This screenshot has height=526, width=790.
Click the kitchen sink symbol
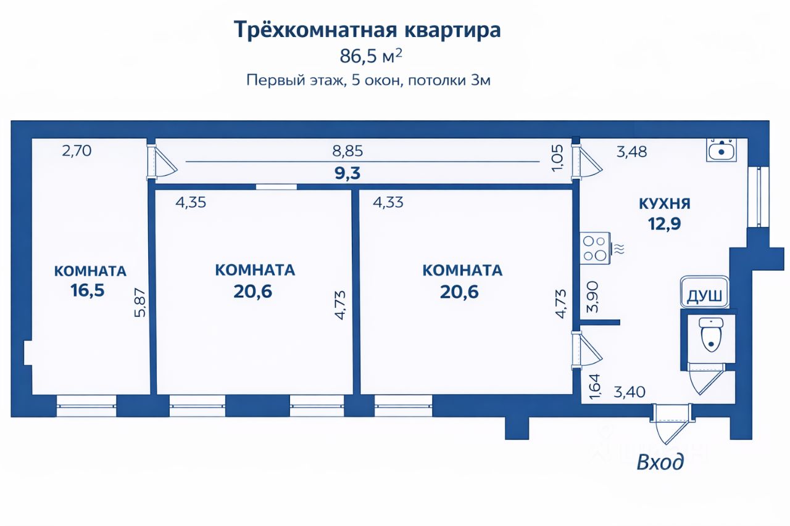[x=721, y=149]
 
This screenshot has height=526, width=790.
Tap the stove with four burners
[x=595, y=248]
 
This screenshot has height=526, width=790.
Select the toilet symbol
[x=712, y=336]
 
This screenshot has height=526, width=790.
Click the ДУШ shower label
[x=704, y=296]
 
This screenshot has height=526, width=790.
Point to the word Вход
[x=660, y=461]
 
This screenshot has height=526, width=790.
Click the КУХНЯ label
[x=665, y=204]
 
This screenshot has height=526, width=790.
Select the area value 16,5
[x=88, y=290]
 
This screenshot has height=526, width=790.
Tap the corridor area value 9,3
[x=347, y=173]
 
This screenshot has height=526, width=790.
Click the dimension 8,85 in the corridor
[x=347, y=151]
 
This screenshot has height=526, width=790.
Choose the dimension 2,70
[x=77, y=150]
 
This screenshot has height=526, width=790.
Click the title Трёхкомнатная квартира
[x=367, y=30]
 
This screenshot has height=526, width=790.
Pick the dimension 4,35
[x=191, y=202]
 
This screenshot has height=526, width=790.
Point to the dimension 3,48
[x=631, y=152]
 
